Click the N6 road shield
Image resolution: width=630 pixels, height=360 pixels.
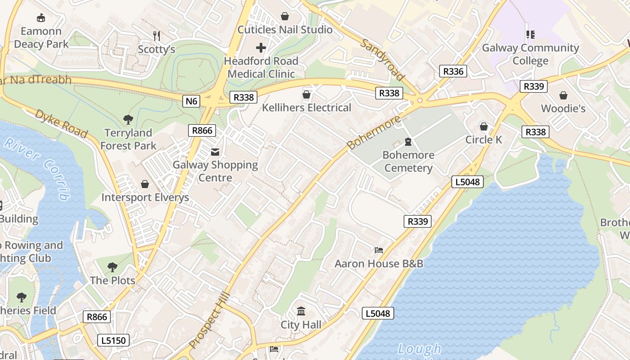coord(192,101)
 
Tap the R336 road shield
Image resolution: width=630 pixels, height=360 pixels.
coord(453,71)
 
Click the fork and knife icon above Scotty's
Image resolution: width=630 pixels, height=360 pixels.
coord(157,36)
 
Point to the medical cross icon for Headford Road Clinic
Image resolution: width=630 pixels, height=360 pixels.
coord(261,47)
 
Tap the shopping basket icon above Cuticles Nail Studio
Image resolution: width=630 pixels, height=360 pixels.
coord(284,17)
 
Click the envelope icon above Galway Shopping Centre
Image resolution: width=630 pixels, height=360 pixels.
coord(215,152)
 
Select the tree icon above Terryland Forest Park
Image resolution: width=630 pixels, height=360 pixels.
coord(128,120)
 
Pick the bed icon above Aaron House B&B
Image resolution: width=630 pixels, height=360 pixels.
coord(379,250)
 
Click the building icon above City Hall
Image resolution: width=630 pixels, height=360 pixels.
coord(301,311)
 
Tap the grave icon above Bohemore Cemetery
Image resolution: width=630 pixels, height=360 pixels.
coord(408,142)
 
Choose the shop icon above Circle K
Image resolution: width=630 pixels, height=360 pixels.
coord(484,126)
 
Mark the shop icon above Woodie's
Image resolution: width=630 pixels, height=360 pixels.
coord(563,95)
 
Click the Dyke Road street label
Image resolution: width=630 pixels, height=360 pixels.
coord(61,123)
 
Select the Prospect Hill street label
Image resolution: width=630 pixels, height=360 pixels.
coord(210,320)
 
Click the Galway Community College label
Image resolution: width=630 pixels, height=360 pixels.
coord(531,54)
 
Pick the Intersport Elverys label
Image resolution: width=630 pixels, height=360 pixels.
coord(145,198)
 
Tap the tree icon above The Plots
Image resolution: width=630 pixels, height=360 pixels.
coord(112,267)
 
